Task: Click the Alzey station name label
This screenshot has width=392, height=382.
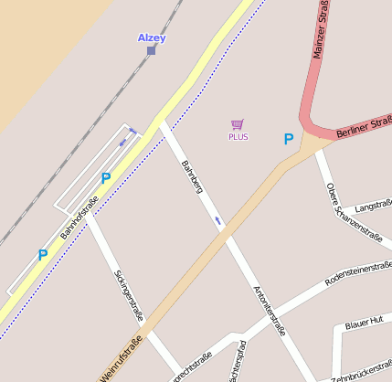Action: [151, 37]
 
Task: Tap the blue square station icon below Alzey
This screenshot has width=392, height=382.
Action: [151, 50]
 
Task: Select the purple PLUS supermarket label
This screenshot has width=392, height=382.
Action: [238, 136]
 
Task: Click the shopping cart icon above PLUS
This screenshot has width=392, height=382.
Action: [238, 124]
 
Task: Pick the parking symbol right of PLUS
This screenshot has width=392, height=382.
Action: [289, 140]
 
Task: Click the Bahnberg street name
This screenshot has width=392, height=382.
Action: [191, 178]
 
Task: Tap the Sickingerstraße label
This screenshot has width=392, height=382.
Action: [129, 296]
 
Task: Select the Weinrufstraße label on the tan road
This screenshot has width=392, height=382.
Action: [121, 358]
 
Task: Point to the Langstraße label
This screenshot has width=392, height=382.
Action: [372, 207]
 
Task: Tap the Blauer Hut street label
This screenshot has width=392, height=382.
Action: [364, 324]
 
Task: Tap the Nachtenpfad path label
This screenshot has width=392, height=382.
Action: [235, 362]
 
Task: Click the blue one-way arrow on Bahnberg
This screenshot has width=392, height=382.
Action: [217, 220]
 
